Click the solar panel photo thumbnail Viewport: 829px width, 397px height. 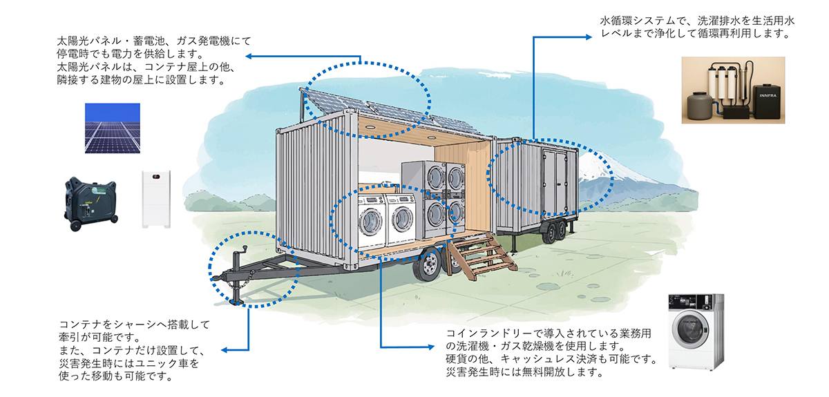pos(112,127)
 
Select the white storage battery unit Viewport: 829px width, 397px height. pos(155,200)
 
